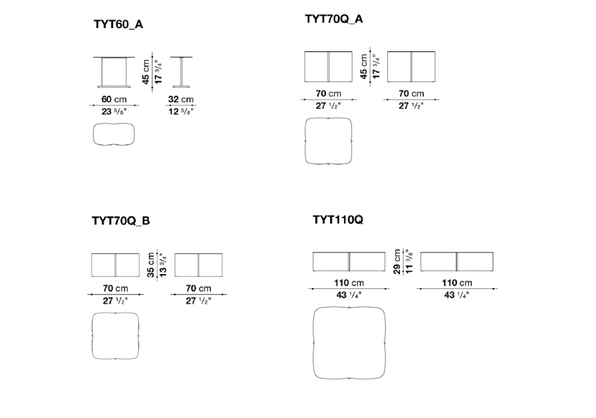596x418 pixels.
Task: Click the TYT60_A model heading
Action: point(118,24)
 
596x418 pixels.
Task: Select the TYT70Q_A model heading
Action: point(334,19)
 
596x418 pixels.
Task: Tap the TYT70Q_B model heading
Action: point(121,221)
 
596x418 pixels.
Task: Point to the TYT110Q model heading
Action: point(338,220)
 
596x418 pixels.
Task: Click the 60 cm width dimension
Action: point(114,99)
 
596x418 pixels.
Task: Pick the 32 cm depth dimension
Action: point(181,99)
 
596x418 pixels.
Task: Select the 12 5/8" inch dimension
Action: point(181,112)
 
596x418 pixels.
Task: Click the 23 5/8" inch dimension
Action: point(114,112)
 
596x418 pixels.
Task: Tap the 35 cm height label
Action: point(151,265)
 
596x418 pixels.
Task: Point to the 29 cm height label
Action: point(397,262)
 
